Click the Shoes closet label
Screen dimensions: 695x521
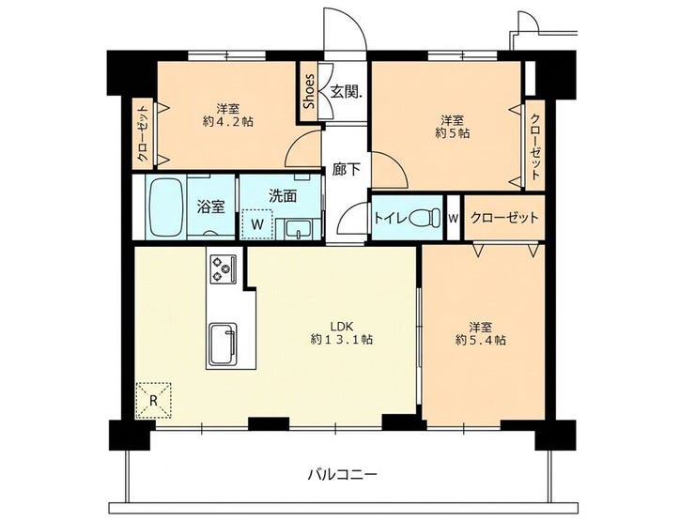click(309, 91)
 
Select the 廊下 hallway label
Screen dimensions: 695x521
click(347, 169)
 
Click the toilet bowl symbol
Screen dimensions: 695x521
click(425, 218)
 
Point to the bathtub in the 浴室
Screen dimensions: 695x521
click(166, 207)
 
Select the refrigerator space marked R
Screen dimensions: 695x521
click(153, 401)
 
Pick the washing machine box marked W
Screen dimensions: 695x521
click(257, 224)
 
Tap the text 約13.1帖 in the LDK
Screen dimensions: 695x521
click(341, 340)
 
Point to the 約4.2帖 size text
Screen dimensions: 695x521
click(228, 121)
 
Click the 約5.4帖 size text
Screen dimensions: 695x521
click(481, 340)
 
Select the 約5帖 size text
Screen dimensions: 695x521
click(453, 133)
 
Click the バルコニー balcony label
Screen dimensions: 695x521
click(343, 475)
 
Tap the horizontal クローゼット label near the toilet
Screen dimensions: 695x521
click(504, 218)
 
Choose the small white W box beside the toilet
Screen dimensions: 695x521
click(453, 218)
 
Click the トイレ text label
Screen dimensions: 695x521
click(390, 218)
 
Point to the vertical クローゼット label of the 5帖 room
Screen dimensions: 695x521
click(535, 146)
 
